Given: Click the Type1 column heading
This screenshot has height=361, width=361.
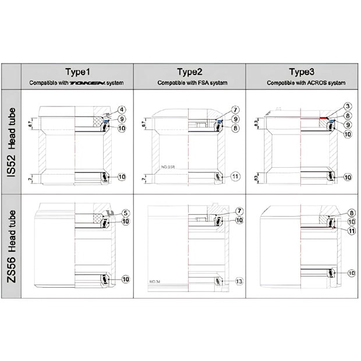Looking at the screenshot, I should (x=77, y=72).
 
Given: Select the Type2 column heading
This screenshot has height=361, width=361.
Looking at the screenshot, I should (x=190, y=72).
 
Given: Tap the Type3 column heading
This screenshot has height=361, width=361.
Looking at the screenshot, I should (x=302, y=72).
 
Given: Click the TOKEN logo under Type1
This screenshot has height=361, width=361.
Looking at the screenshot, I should (x=87, y=83).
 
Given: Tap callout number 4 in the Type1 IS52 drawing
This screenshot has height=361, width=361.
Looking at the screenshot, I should (x=122, y=109).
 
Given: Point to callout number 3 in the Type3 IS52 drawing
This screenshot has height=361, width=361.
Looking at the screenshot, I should (x=347, y=106).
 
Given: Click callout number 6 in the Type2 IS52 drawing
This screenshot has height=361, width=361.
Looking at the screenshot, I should (x=235, y=128).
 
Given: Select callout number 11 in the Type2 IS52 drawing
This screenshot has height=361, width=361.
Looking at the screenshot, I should (x=235, y=176).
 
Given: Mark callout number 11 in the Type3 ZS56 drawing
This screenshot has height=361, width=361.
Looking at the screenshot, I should (x=352, y=231).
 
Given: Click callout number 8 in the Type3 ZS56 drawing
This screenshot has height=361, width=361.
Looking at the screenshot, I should (x=351, y=213).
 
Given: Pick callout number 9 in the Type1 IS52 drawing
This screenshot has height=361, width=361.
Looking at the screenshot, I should (x=122, y=119).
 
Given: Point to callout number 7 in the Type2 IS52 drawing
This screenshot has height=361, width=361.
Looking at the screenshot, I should (x=235, y=109).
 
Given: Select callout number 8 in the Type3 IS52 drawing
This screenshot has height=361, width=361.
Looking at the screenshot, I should (x=347, y=115).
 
